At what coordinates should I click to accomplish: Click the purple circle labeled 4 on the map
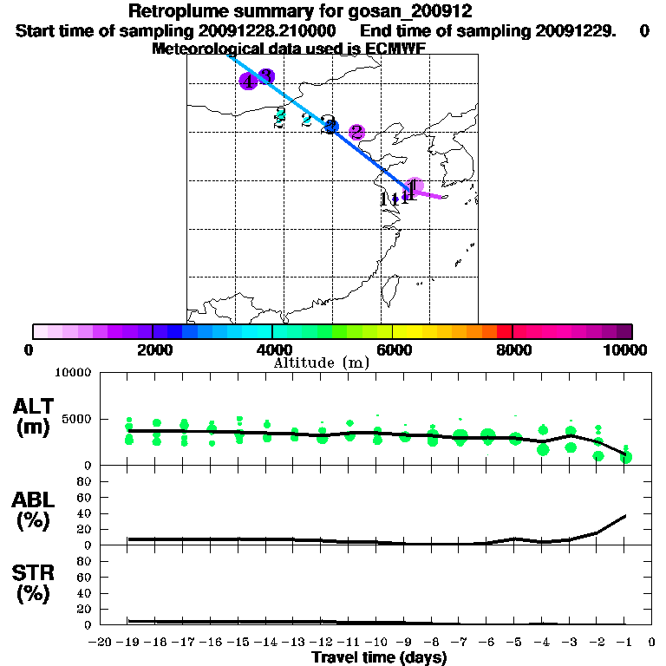(x=248, y=82)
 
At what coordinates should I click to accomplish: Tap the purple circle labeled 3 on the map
(x=266, y=76)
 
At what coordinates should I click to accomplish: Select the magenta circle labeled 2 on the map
(x=356, y=133)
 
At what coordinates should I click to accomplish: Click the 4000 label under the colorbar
(x=272, y=349)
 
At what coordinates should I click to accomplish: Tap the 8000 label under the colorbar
(x=513, y=349)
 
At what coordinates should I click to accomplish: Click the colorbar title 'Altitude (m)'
(x=321, y=363)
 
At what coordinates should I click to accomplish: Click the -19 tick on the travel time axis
(x=128, y=642)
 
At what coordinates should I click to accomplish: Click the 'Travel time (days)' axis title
(x=379, y=658)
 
